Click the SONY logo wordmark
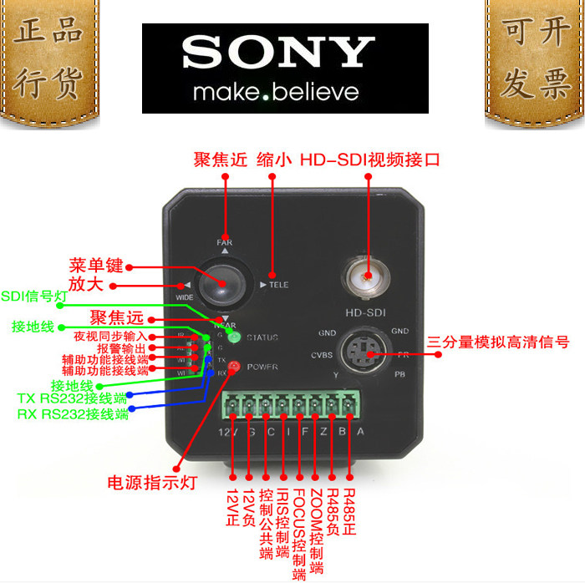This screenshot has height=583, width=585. coord(277,53)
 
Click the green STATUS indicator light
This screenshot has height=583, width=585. coord(235,337)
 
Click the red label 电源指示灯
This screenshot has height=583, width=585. coord(151,483)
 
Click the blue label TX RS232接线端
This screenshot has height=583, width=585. coord(73,398)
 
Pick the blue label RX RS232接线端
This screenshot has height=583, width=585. coord(73,413)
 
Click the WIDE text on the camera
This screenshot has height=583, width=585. coord(184,297)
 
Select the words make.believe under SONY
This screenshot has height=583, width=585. coord(275,91)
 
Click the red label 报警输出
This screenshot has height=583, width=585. coord(121,348)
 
